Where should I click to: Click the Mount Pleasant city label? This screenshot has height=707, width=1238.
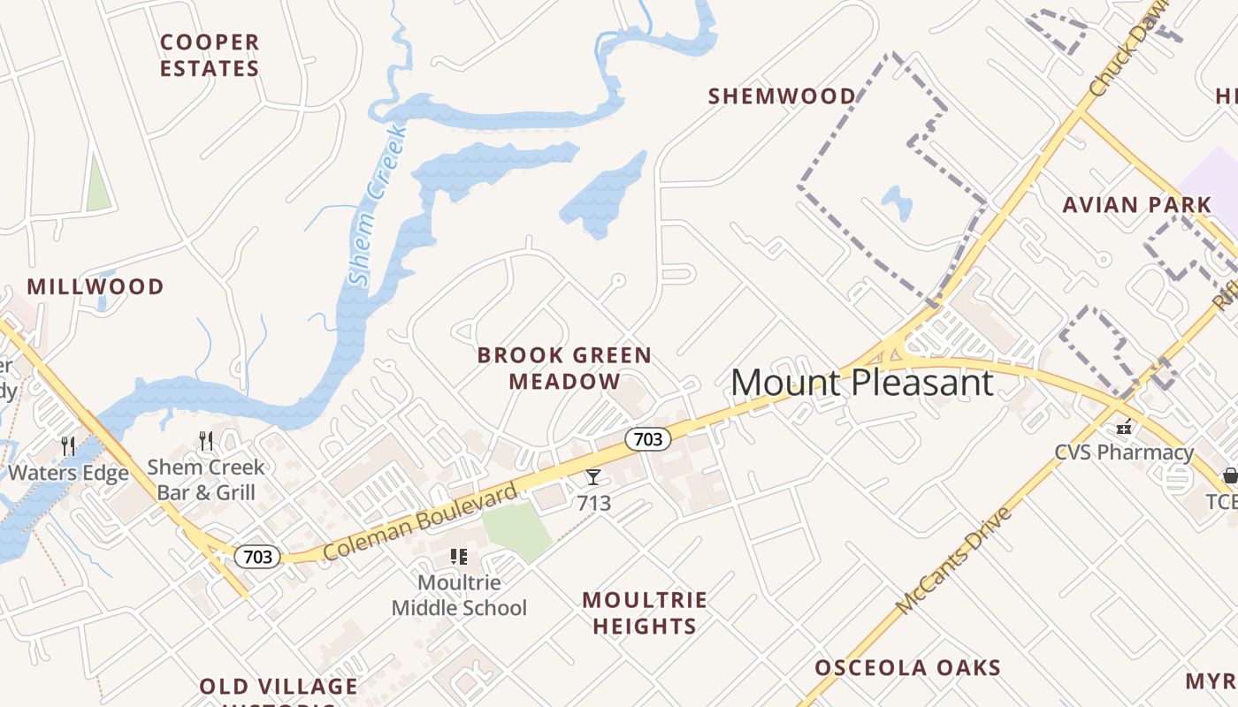862,383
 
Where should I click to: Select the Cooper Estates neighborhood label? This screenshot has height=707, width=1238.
210,55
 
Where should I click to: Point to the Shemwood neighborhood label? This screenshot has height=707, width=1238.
782,95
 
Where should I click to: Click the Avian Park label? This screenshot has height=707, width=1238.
1136,205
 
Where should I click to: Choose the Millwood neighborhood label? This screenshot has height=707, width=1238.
96,286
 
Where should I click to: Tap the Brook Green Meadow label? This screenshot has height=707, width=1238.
564,368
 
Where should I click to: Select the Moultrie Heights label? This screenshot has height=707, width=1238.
645,613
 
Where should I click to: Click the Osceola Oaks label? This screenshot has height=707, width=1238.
907,667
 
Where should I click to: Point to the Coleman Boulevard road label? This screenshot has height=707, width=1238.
419,521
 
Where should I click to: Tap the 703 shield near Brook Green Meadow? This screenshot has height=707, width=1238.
647,438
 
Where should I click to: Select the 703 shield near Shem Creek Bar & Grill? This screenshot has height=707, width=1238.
257,557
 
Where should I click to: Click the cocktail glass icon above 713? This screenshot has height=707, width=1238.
593,477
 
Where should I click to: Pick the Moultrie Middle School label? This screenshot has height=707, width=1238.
459,595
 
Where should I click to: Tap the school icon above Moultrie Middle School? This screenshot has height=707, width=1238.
458,557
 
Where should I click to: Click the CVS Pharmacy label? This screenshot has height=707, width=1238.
1124,452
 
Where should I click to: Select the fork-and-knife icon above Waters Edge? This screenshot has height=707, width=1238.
68,445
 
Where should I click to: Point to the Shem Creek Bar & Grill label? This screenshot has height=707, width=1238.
206,479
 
